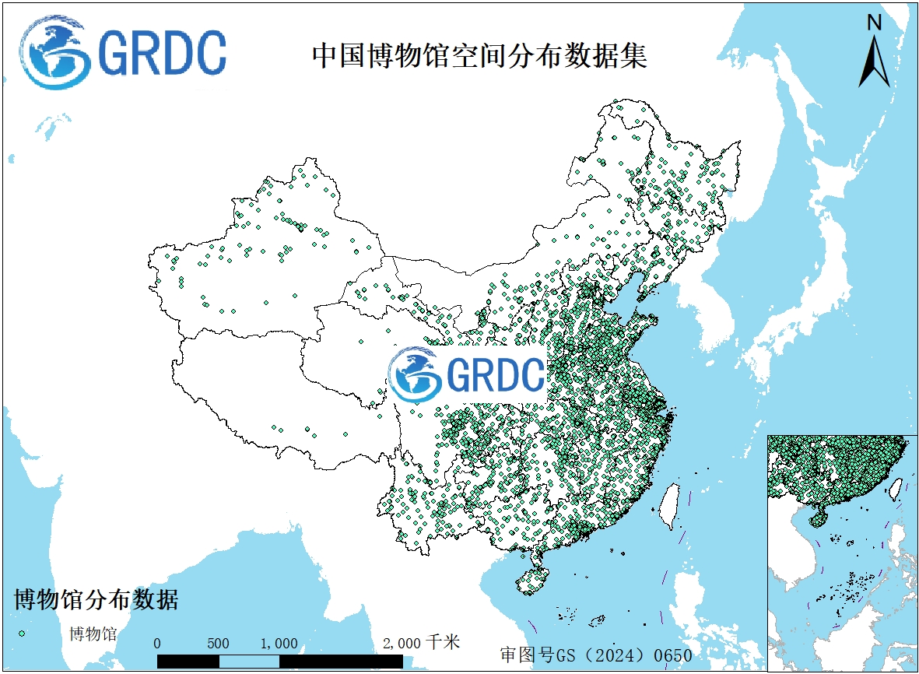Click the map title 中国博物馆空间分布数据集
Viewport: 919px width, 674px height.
click(x=479, y=56)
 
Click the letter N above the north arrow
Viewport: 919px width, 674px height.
click(x=874, y=23)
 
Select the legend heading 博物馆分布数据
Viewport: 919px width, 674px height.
click(x=96, y=600)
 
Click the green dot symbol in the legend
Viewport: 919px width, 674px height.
click(x=22, y=634)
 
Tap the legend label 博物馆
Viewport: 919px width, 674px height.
click(x=93, y=634)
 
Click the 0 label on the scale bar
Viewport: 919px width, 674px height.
click(x=158, y=644)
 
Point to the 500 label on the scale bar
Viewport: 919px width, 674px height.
click(x=219, y=644)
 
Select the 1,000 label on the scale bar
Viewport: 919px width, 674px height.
click(x=279, y=644)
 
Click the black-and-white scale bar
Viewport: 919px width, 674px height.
click(x=279, y=661)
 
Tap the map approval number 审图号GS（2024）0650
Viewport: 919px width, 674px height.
click(x=596, y=655)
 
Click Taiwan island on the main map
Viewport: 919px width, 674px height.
click(x=668, y=506)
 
